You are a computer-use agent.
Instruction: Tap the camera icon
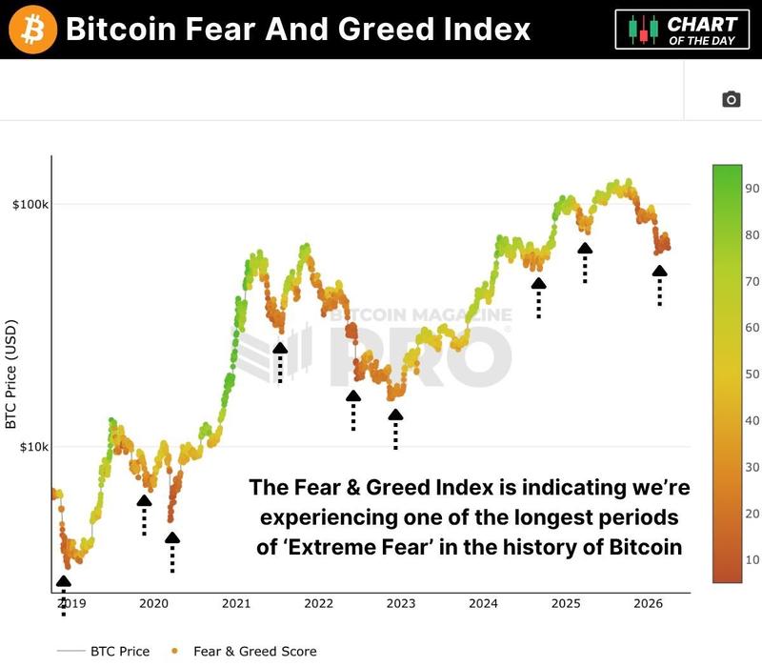(731, 99)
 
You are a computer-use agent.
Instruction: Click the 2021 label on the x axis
(235, 603)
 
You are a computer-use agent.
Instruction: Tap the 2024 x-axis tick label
(483, 603)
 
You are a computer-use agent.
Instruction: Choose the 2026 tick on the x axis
(648, 603)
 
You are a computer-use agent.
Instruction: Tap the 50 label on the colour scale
(752, 374)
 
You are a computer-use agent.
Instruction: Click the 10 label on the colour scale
(752, 559)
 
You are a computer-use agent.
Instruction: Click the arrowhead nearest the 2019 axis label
(63, 581)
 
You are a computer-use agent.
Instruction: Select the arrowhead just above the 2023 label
(395, 414)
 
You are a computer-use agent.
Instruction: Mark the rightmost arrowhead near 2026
(659, 272)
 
